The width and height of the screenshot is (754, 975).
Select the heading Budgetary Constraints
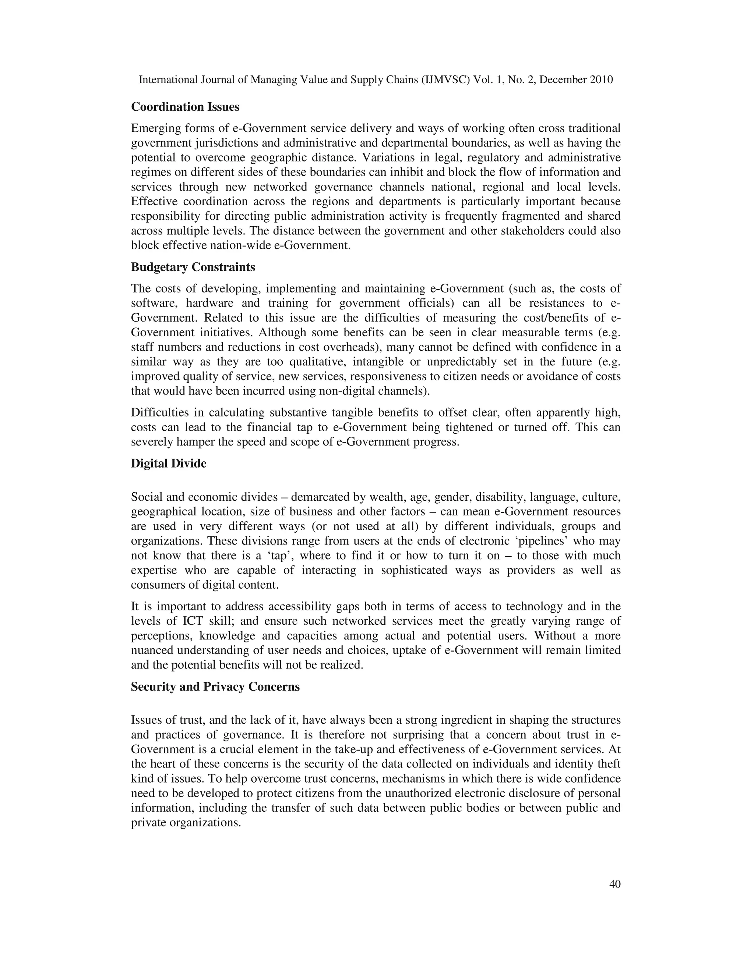[193, 267]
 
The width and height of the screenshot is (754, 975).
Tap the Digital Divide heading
[168, 464]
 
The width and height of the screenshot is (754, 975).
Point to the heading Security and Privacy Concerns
[215, 687]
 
